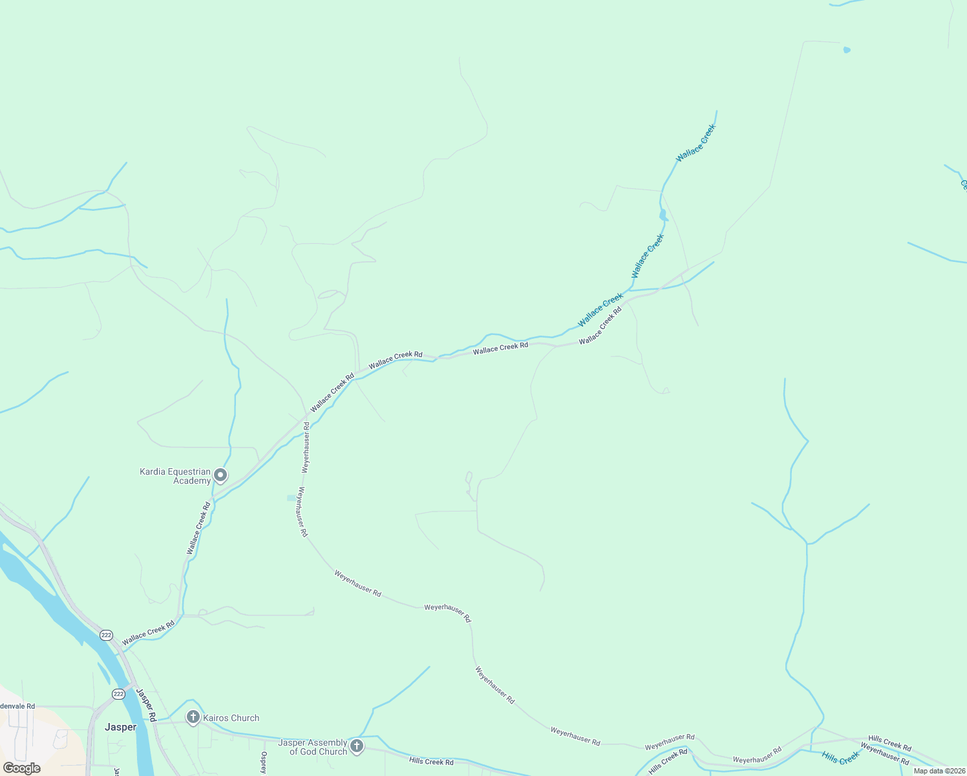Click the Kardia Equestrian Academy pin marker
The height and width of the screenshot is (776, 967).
(x=220, y=476)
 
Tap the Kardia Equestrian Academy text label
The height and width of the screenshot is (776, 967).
(x=175, y=476)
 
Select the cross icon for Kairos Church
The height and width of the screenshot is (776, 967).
(x=193, y=717)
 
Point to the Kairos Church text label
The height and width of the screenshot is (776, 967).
(x=231, y=718)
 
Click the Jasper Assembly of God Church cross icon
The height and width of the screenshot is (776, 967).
(x=356, y=746)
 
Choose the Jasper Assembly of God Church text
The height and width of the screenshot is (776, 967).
(x=312, y=747)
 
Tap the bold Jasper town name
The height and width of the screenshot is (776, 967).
(x=121, y=727)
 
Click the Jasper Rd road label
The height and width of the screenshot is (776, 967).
(x=146, y=705)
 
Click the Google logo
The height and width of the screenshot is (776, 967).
(x=22, y=768)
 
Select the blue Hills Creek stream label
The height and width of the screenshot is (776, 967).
(x=840, y=757)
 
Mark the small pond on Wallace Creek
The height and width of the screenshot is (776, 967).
(x=663, y=215)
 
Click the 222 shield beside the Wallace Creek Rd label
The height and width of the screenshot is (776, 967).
(x=107, y=635)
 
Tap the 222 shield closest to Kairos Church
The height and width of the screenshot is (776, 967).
(x=118, y=694)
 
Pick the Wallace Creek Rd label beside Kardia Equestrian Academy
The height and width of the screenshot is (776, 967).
(x=199, y=528)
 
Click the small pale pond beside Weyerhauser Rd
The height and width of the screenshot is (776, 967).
(x=290, y=498)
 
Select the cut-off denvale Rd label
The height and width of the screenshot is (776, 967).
(x=17, y=706)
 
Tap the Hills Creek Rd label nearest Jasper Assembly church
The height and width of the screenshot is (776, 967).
(x=431, y=762)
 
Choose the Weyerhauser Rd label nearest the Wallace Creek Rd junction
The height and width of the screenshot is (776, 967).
(x=306, y=447)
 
